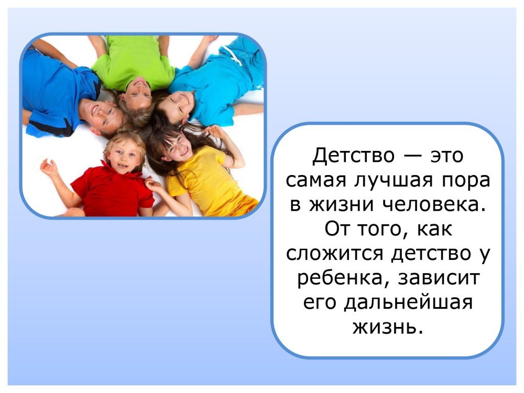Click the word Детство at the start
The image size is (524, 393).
[x=353, y=156]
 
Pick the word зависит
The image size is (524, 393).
[x=439, y=278]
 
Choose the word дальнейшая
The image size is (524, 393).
[x=408, y=302]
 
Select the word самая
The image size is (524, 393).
[x=315, y=181]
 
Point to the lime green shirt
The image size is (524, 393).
[x=134, y=62]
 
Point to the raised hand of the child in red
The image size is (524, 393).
[x=49, y=168]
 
